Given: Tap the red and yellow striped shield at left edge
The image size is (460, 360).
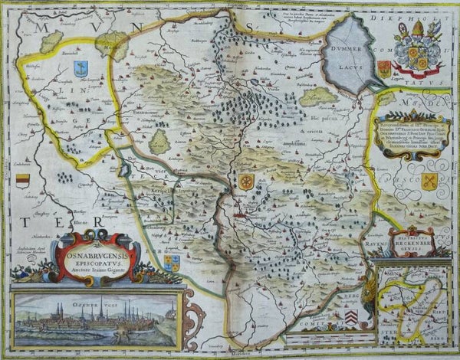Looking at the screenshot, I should point(22,182).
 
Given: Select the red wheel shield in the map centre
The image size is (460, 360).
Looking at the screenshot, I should point(245,182).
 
